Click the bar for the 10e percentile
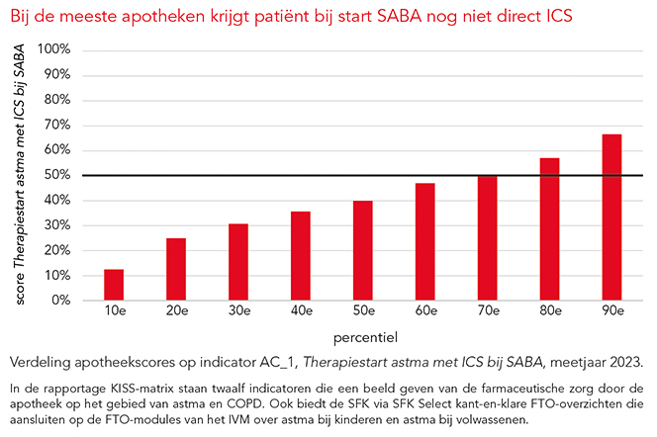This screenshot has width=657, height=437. coord(114,284)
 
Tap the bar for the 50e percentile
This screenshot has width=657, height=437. coord(363,250)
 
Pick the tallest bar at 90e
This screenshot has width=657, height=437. coord(612,217)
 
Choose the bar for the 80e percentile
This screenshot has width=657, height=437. coord(550,228)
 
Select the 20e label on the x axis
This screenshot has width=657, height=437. coord(176,311)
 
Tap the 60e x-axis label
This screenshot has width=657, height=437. coord(425,311)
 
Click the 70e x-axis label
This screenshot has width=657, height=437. coord(488,311)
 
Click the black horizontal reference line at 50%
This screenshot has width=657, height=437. coord(297,175)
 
